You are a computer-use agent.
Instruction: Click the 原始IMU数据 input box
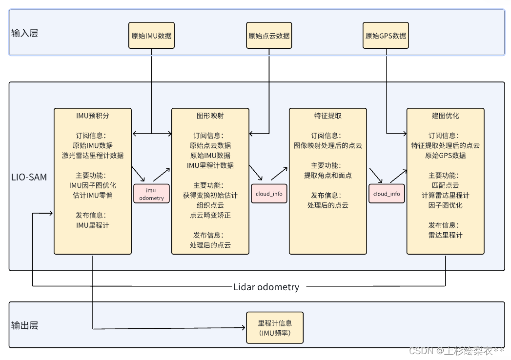click(x=151, y=35)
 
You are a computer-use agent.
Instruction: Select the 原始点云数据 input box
click(x=269, y=35)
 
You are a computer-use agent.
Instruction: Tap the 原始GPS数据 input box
click(x=386, y=35)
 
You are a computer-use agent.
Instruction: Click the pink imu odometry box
click(x=151, y=194)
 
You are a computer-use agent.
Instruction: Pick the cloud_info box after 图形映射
click(x=269, y=194)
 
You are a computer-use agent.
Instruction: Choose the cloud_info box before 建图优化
click(x=387, y=194)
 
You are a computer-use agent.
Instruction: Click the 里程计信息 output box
click(x=275, y=327)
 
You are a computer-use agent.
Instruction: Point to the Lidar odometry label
click(x=266, y=287)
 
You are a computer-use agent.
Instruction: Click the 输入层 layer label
click(x=25, y=33)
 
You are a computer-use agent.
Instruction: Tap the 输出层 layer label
click(x=25, y=325)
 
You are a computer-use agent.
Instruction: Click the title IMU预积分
click(x=93, y=116)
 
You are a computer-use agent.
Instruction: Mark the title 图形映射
click(x=210, y=116)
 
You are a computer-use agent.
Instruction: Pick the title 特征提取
click(x=328, y=116)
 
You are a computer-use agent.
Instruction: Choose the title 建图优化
click(x=446, y=116)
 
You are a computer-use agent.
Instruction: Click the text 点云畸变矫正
click(x=210, y=215)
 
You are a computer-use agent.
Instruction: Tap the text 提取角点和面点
click(x=328, y=175)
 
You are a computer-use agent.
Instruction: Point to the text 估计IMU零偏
click(x=93, y=195)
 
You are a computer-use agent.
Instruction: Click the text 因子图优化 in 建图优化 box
click(x=446, y=205)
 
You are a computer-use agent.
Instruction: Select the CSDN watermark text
click(x=456, y=351)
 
